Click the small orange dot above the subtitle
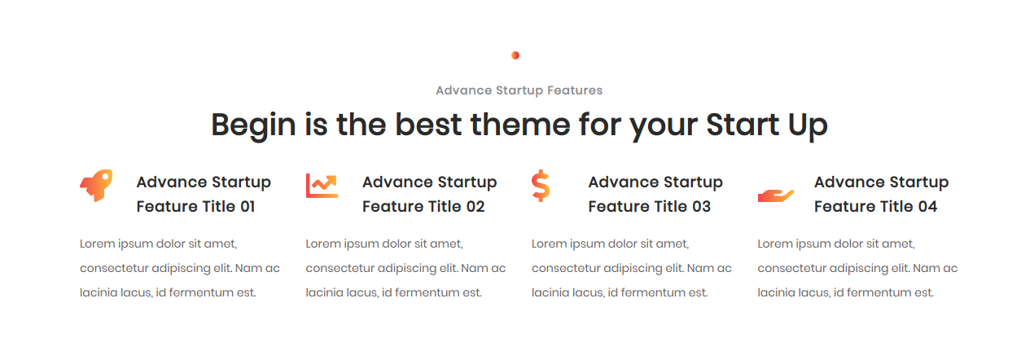point(515,55)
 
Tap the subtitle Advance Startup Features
point(519,90)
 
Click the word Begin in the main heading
point(253,125)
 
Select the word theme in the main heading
point(520,125)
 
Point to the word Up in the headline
point(807,125)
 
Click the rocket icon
point(96,186)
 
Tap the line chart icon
point(322,186)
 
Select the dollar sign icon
point(541,186)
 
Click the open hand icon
point(776,195)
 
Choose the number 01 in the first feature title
point(248,206)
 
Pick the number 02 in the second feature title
point(475,206)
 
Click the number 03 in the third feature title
point(702,206)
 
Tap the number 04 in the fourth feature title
point(927,206)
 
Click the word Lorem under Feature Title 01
point(97,244)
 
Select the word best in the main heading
point(428,125)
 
